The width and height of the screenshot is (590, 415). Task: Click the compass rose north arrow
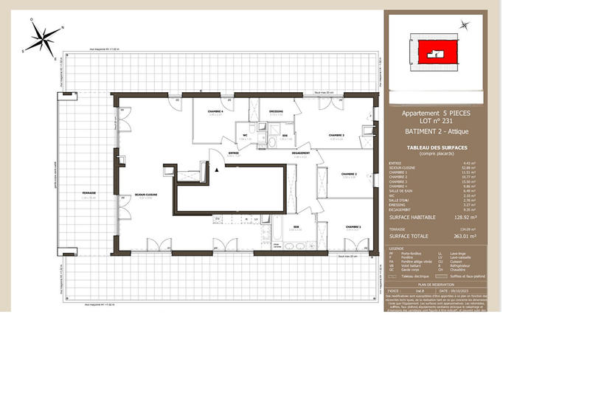61,27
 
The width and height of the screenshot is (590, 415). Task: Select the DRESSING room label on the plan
277,111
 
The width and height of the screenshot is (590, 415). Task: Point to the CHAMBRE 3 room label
336,135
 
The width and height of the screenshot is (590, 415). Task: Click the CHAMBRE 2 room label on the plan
349,175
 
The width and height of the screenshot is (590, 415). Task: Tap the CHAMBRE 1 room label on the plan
353,227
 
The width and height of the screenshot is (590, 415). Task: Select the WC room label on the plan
244,135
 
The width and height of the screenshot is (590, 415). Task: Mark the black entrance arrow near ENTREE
216,170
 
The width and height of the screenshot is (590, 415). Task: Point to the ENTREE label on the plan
233,153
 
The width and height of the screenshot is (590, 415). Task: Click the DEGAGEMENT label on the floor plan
300,153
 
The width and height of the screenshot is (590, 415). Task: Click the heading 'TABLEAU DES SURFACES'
435,147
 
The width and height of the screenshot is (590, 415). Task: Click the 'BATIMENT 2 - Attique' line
435,131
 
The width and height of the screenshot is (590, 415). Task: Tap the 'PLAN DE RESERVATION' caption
435,283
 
